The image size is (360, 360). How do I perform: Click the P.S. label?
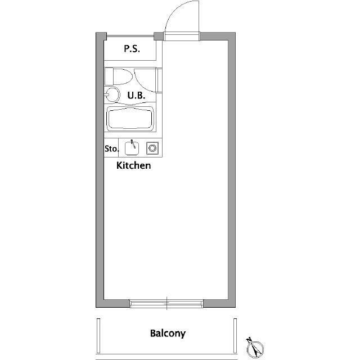coord(132,49)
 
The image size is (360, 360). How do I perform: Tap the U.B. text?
coord(136,95)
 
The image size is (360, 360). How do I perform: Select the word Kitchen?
coord(134,165)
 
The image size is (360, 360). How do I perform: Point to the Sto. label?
coord(112,148)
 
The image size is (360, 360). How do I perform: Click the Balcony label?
coord(168,334)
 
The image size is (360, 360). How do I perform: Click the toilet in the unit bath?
coord(119,76)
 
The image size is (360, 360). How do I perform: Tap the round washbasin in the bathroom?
coord(112,94)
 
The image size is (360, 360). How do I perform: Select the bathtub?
coord(130,119)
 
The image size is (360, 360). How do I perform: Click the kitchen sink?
coord(132,148)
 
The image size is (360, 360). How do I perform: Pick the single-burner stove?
coord(152,148)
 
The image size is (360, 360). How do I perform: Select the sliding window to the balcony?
coord(166,304)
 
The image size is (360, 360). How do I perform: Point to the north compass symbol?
coord(255,349)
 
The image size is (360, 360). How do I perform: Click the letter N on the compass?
coord(249,340)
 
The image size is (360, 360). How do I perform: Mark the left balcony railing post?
coord(98,336)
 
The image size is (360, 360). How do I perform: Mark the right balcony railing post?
coord(235,336)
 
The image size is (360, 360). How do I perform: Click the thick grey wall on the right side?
coord(232,170)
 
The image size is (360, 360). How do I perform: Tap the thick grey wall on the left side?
coord(100,170)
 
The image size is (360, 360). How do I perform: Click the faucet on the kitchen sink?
coord(133,144)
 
